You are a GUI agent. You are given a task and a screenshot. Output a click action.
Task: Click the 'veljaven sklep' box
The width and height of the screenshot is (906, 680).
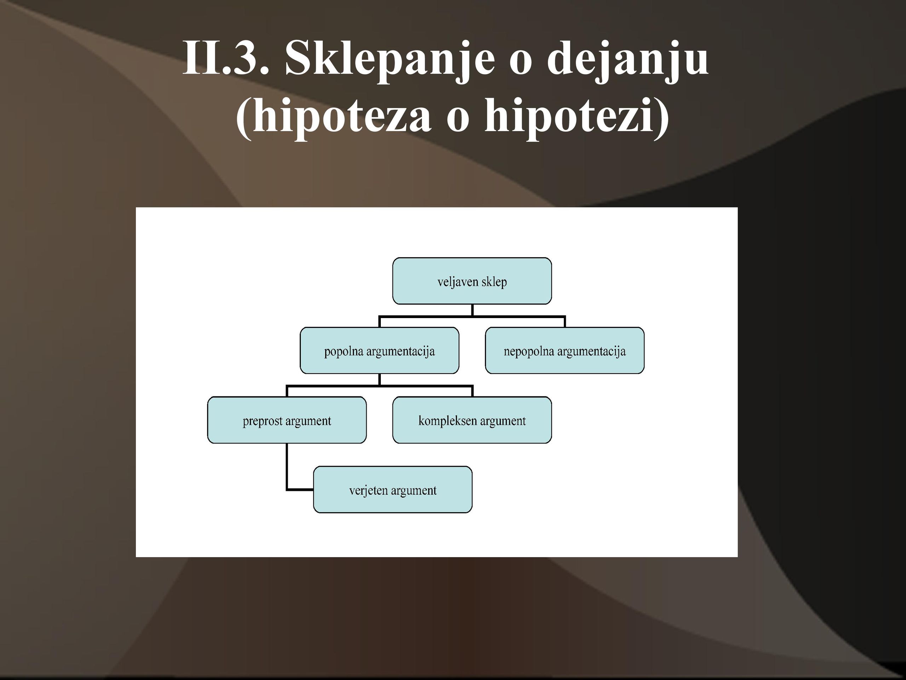472,281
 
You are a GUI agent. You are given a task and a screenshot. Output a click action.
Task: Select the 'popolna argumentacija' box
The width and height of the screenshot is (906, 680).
379,351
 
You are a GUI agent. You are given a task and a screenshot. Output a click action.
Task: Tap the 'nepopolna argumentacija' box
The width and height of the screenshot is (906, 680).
564,351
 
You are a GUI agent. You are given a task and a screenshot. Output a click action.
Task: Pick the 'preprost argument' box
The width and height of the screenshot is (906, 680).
287,420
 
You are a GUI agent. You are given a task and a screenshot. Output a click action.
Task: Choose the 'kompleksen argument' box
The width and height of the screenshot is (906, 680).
472,420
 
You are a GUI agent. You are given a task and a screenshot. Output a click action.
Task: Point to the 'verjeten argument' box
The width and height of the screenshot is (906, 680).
393,489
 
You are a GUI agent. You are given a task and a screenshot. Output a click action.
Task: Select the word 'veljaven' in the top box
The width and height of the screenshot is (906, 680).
458,282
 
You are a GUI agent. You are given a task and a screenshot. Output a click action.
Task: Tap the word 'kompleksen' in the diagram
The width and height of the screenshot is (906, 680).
448,421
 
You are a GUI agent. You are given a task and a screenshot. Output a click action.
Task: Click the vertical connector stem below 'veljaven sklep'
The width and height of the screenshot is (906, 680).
472,310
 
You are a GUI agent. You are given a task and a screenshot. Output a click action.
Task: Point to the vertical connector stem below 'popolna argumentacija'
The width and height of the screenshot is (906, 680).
380,380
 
